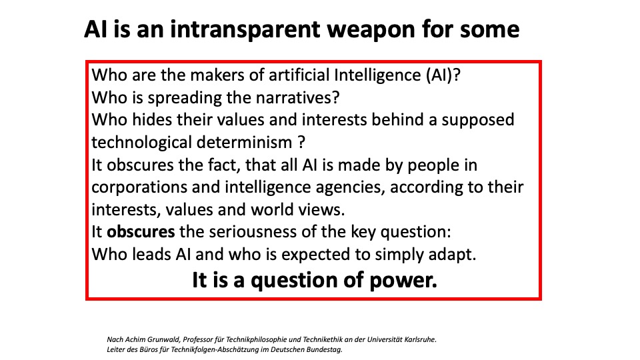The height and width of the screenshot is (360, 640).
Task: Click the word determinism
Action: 244,143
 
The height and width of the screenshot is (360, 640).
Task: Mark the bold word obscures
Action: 141,232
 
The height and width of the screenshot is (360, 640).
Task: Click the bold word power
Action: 403,281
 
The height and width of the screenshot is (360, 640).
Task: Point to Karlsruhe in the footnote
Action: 421,339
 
